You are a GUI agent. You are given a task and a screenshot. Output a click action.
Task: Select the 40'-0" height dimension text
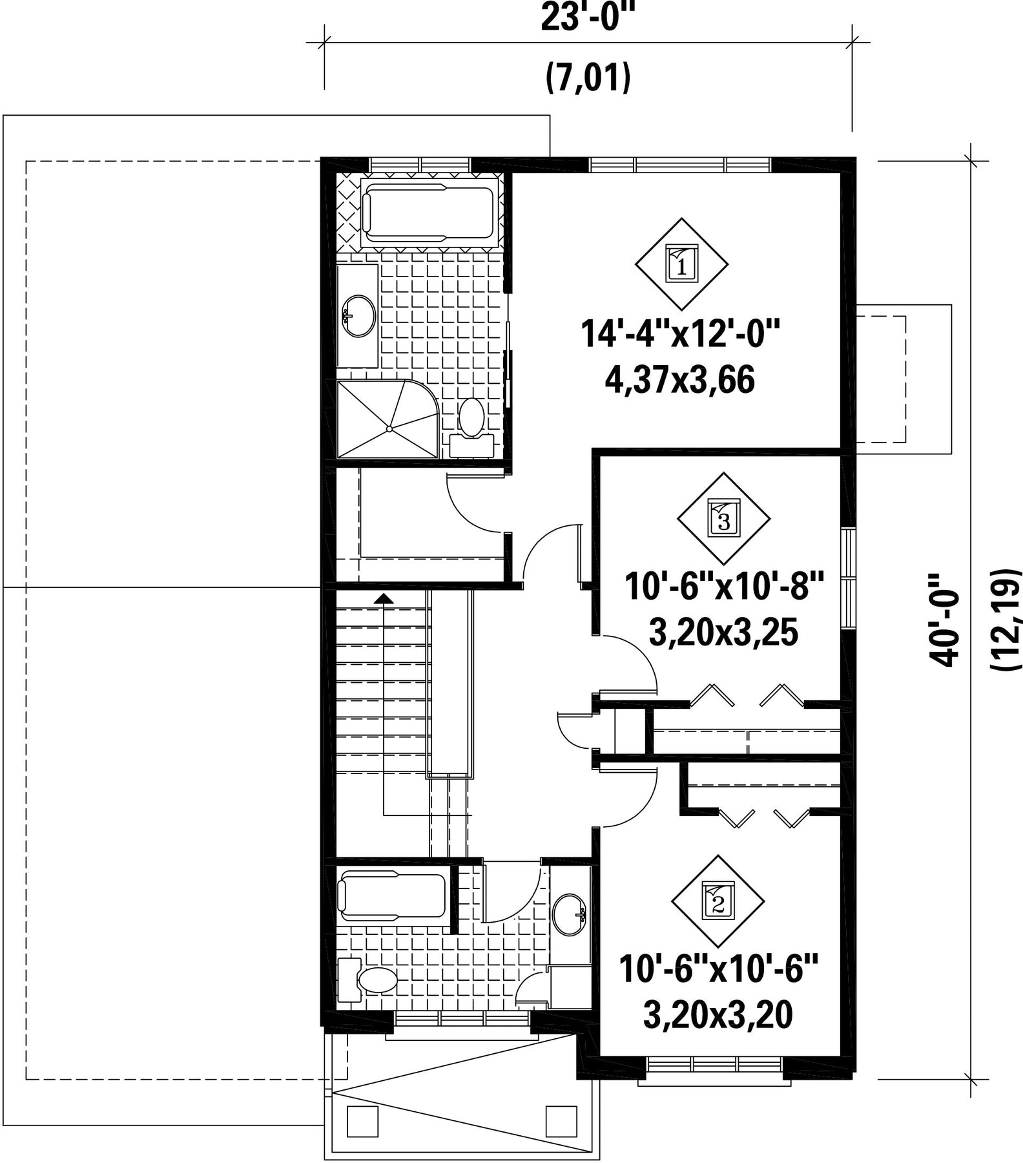tap(942, 620)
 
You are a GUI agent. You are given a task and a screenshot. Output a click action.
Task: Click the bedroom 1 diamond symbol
tap(682, 264)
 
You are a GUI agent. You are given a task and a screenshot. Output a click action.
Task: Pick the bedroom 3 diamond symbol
tap(723, 519)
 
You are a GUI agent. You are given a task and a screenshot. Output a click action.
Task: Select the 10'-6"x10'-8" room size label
tap(725, 587)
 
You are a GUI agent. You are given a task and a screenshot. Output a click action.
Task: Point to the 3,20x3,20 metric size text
tap(718, 1015)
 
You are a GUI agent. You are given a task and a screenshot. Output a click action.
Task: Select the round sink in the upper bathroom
tap(358, 316)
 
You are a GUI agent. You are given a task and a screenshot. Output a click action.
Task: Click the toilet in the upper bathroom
tap(471, 428)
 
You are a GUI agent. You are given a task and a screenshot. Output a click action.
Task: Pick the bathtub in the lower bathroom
tap(393, 896)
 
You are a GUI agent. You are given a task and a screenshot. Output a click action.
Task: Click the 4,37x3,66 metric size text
tap(680, 381)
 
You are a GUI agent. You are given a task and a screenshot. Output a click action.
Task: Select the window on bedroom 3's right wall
tap(849, 577)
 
